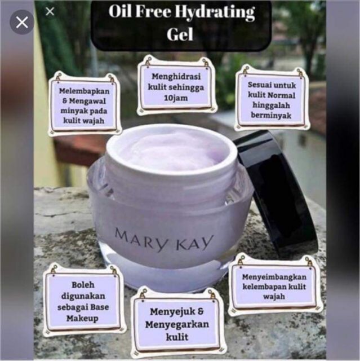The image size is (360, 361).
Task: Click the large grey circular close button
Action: tap(22, 23)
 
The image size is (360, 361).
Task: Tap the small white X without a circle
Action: tap(50, 11)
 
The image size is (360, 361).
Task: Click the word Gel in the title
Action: tap(180, 34)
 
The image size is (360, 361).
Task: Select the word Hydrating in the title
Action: tap(215, 12)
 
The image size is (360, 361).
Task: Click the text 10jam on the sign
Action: tap(176, 98)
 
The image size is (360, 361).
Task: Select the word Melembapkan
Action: tap(84, 91)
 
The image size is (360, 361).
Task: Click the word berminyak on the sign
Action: tap(271, 115)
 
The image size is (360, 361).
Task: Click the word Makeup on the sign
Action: tap(82, 318)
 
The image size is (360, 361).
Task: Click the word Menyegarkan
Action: tap(177, 324)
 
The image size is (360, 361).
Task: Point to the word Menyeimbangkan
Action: tap(274, 277)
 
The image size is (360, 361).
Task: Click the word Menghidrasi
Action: tap(176, 77)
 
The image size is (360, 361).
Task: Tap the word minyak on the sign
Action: tap(73, 111)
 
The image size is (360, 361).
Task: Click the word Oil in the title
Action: tap(119, 11)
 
